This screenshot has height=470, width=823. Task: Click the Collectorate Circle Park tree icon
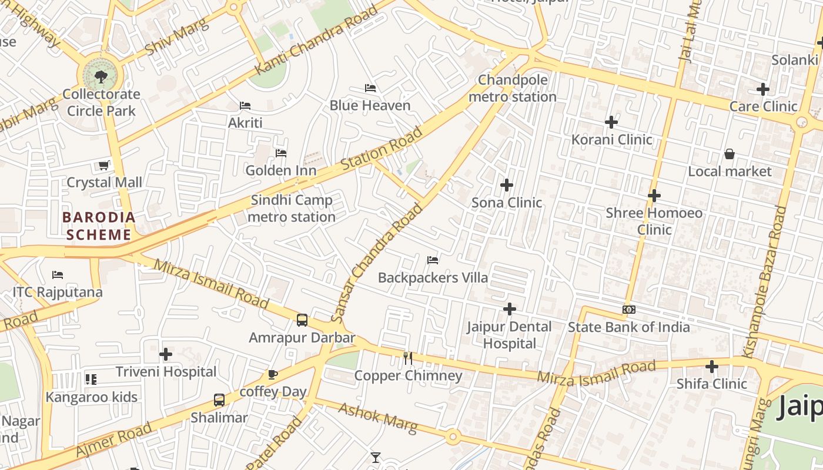tap(101, 76)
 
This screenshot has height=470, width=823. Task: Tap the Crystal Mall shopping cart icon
tap(104, 166)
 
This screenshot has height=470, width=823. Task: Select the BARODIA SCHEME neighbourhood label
tap(99, 226)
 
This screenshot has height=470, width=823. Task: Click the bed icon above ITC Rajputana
tap(58, 274)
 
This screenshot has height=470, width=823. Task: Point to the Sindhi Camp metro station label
tap(292, 209)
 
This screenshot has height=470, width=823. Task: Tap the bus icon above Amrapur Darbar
tap(302, 320)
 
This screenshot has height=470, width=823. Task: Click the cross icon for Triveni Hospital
tap(166, 354)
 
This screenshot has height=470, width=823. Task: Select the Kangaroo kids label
tap(92, 397)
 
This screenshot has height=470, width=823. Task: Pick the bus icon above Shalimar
tap(219, 400)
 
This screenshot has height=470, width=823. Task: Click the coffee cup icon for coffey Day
tap(272, 374)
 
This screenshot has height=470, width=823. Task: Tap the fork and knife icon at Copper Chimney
tap(408, 358)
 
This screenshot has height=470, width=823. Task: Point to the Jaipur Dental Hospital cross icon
tap(510, 308)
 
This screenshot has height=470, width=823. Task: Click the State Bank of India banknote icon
tap(628, 310)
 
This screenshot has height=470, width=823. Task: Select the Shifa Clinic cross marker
tap(712, 367)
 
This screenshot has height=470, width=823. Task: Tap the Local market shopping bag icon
tap(730, 154)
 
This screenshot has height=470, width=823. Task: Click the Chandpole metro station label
tap(513, 88)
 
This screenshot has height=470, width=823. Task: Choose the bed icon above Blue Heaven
tap(370, 88)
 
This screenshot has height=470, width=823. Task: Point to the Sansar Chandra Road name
tap(376, 263)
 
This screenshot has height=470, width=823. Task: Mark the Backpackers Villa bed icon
tap(433, 260)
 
